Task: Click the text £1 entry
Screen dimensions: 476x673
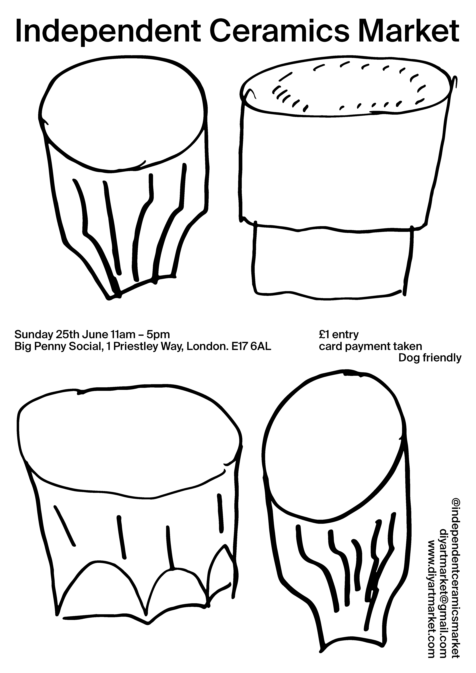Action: click(339, 335)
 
